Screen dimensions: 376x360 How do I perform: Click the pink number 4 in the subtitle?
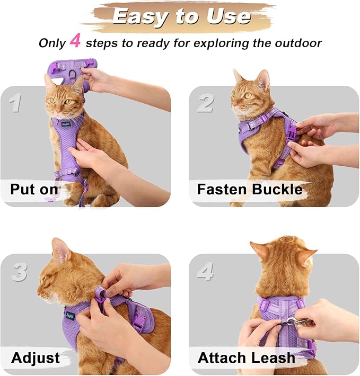coord(75,42)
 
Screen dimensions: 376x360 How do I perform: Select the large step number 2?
coord(205,102)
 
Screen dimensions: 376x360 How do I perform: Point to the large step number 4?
coord(206,272)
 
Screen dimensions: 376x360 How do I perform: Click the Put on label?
coord(35,190)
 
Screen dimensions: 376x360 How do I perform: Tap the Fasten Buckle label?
coord(249,190)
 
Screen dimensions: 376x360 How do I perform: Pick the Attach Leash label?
coord(246,357)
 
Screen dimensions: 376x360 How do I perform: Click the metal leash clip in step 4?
coord(289,321)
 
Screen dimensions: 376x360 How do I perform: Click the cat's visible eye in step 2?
coord(248,96)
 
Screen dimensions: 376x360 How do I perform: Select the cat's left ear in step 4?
coord(261,250)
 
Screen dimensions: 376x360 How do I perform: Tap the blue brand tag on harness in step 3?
coord(69,315)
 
